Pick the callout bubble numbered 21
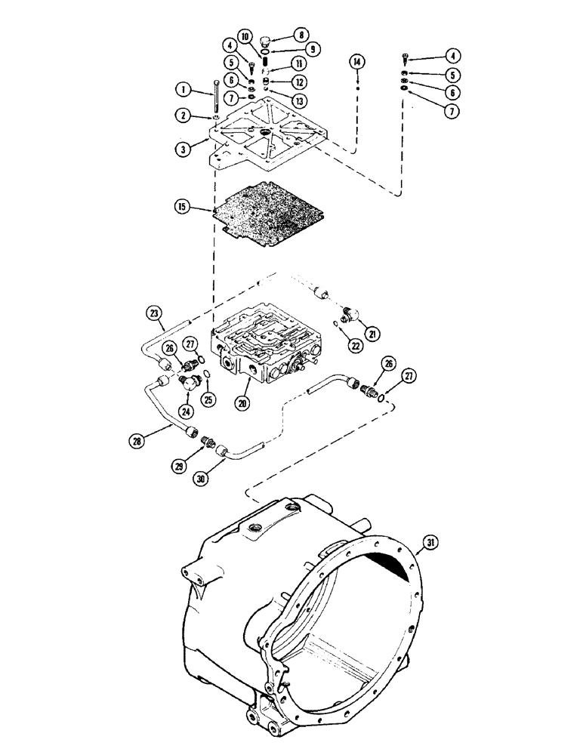coord(372,333)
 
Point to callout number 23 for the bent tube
coord(153,311)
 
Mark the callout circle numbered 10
coord(246,36)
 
